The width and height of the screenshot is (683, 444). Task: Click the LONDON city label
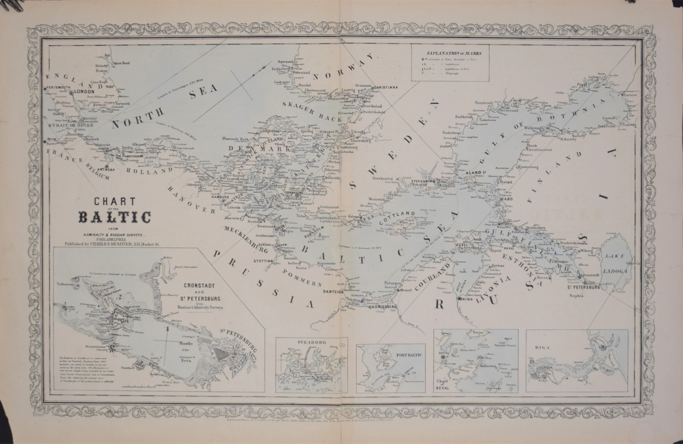pyautogui.click(x=84, y=92)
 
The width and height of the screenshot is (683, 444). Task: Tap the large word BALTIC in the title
pyautogui.click(x=114, y=218)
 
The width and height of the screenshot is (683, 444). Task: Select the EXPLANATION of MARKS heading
pyautogui.click(x=454, y=53)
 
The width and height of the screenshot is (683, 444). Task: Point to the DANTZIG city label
pyautogui.click(x=331, y=292)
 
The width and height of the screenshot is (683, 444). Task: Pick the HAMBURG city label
pyautogui.click(x=220, y=197)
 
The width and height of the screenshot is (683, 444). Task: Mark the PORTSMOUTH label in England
pyautogui.click(x=56, y=87)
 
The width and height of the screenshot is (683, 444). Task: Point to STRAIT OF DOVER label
pyautogui.click(x=71, y=125)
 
